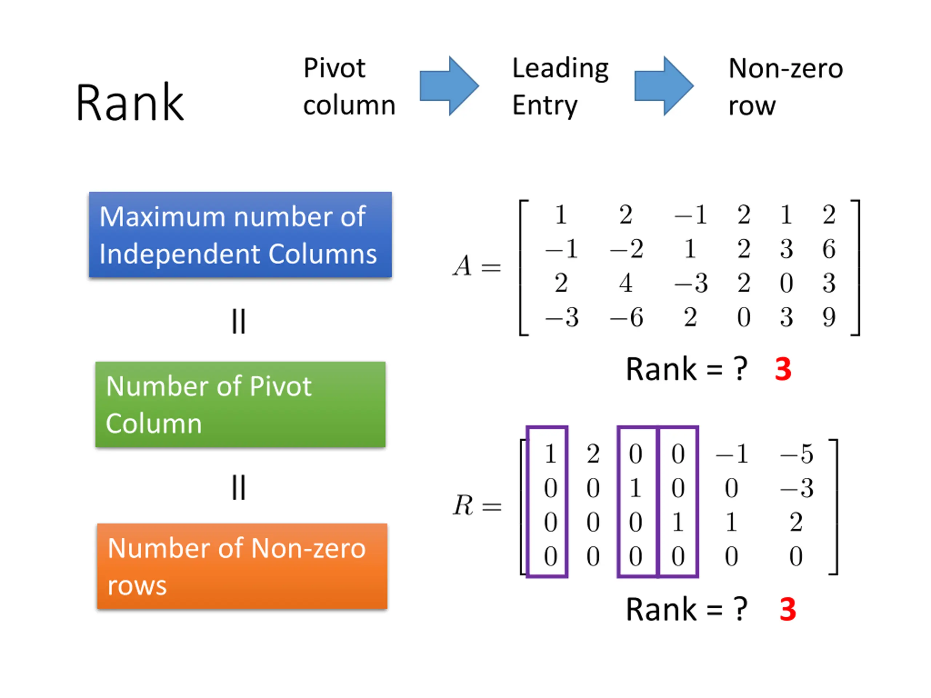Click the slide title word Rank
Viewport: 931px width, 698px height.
click(129, 102)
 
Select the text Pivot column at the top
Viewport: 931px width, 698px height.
click(349, 86)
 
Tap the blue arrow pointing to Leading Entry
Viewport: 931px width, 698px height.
click(449, 86)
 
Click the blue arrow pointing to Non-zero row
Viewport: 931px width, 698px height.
click(664, 86)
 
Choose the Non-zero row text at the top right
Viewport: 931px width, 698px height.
click(786, 86)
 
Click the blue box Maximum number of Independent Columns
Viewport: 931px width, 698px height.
click(240, 235)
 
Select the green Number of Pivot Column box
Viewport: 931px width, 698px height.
click(240, 404)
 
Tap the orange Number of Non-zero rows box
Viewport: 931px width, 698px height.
click(242, 566)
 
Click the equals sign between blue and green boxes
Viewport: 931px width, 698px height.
click(239, 321)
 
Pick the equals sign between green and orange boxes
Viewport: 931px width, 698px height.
click(239, 487)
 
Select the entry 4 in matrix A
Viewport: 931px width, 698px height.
click(626, 283)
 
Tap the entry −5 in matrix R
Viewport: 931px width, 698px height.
click(796, 454)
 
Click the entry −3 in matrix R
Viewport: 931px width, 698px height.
click(796, 488)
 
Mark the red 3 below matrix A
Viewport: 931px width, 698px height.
click(783, 369)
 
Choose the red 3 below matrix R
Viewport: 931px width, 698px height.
click(787, 609)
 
